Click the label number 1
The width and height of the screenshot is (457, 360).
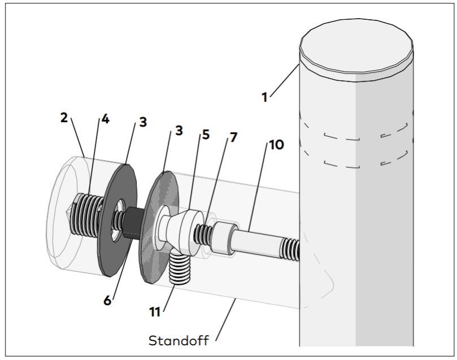point(265,97)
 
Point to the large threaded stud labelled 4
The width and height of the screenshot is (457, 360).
point(88,215)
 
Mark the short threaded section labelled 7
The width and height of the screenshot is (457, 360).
point(204,234)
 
